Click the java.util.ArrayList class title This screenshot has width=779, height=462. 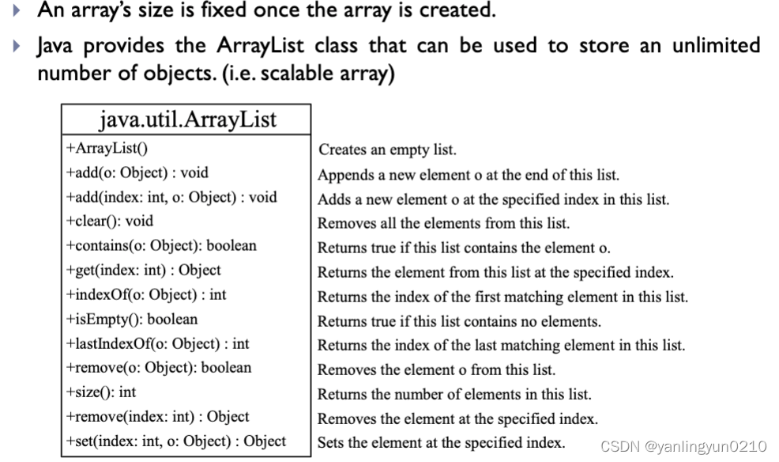point(187,119)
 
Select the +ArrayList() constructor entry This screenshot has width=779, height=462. point(107,148)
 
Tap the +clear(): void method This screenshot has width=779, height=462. point(110,221)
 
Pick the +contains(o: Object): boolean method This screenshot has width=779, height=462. point(161,245)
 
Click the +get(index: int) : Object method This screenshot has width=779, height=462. point(143,270)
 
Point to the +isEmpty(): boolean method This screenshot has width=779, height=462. point(132,319)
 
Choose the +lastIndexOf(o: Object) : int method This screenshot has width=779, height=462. point(157,343)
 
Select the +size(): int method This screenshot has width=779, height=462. point(101,392)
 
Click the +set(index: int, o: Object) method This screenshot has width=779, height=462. point(175,441)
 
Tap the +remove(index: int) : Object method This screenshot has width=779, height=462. point(157,417)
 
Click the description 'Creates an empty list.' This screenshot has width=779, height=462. point(387,150)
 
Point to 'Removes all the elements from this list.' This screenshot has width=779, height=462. point(443,223)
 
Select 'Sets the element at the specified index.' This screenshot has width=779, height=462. point(441,443)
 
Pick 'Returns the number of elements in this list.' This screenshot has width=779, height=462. point(454,394)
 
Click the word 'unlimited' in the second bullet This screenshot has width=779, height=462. point(715,46)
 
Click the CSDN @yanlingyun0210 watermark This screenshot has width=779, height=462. point(683,447)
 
